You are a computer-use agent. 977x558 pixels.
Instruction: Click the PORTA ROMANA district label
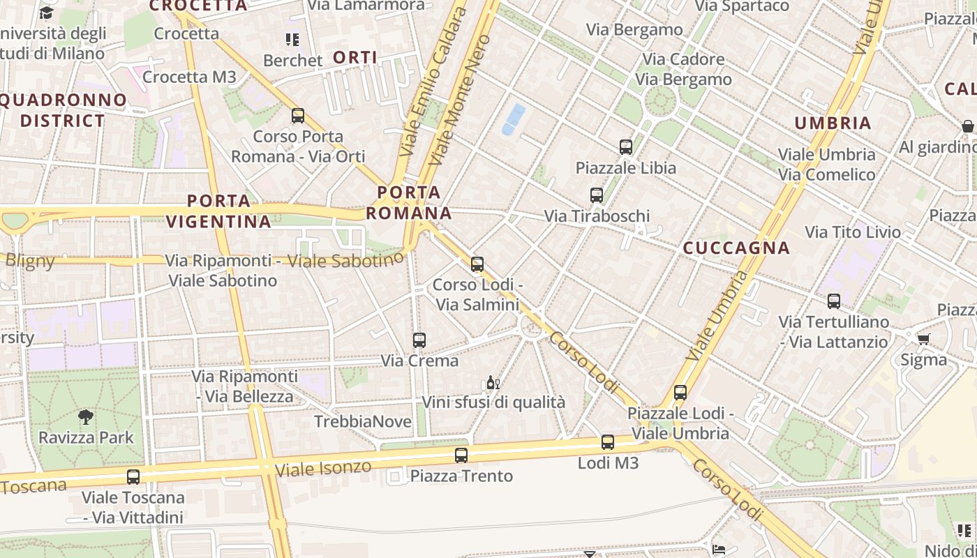(409, 202)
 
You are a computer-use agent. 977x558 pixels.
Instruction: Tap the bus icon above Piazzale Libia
(626, 147)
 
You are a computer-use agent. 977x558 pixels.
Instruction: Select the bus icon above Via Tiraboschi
(596, 195)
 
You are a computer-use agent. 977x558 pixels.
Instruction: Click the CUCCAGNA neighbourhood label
(736, 248)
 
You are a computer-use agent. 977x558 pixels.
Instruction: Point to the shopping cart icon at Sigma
(924, 339)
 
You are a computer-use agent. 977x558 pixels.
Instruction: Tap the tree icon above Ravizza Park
(86, 417)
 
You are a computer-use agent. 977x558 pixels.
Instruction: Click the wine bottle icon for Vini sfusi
(493, 383)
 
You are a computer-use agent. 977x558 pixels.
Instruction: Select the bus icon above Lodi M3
(608, 442)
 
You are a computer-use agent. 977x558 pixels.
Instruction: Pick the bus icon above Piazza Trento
(461, 456)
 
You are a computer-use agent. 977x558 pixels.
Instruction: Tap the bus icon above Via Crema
(419, 340)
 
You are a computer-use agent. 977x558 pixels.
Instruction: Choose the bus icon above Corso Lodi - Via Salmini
(477, 264)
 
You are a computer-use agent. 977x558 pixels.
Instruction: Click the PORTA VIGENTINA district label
(219, 211)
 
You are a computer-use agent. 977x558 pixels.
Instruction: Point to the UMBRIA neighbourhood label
(833, 123)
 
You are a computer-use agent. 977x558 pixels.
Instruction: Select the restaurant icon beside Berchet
(292, 40)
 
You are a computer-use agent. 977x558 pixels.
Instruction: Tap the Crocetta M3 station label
(189, 77)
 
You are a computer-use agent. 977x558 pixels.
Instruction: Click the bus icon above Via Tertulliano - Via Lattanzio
(834, 301)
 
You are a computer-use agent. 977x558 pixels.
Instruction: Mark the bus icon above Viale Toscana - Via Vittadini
(133, 477)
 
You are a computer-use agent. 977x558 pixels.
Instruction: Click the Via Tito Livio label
(853, 232)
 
